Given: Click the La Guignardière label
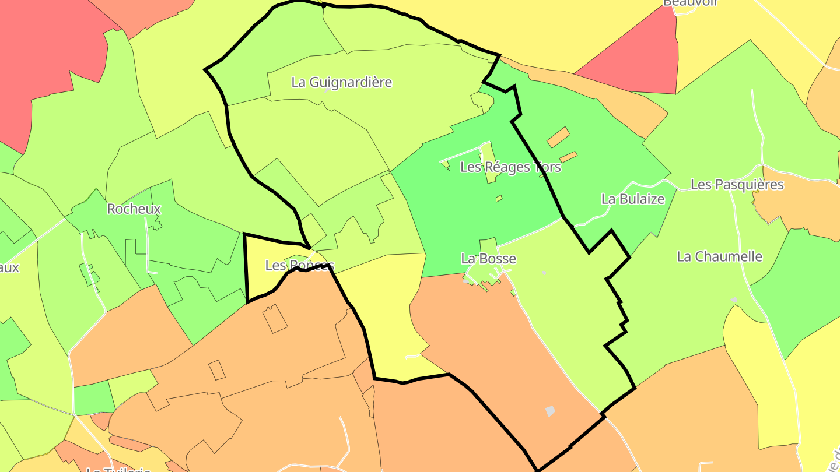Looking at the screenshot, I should coord(341,82).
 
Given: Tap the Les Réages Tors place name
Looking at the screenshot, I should coord(510,167).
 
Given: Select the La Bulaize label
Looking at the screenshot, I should coord(633,199).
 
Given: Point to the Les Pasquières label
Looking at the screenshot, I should coord(737,185).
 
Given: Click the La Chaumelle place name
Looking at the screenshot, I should coord(719,256).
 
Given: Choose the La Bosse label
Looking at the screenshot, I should coord(488,258).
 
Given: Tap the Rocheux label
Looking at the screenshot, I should coord(134,209).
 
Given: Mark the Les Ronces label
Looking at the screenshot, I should coord(299,266).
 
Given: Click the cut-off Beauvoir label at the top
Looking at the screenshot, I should coord(690,3).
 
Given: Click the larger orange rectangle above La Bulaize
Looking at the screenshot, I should coord(558,137).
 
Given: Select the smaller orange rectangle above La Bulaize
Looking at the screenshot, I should coord(568,157).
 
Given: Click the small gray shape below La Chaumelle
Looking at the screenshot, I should coord(733,300).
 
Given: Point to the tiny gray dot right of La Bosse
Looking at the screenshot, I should coord(544,273).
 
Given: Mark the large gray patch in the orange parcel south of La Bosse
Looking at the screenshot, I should coord(550,411).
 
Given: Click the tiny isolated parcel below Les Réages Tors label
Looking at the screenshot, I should coord(499,199).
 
